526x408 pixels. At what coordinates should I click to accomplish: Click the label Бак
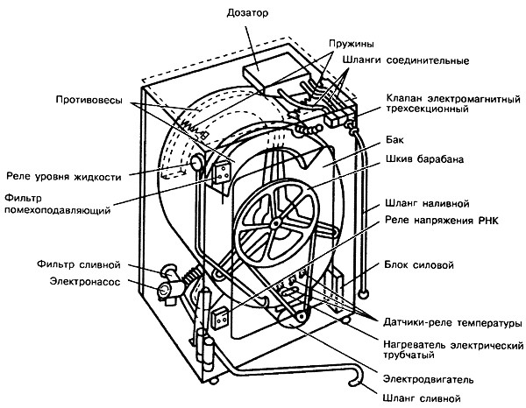coord(394,140)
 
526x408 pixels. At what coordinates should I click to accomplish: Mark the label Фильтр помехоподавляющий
coord(58,204)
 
